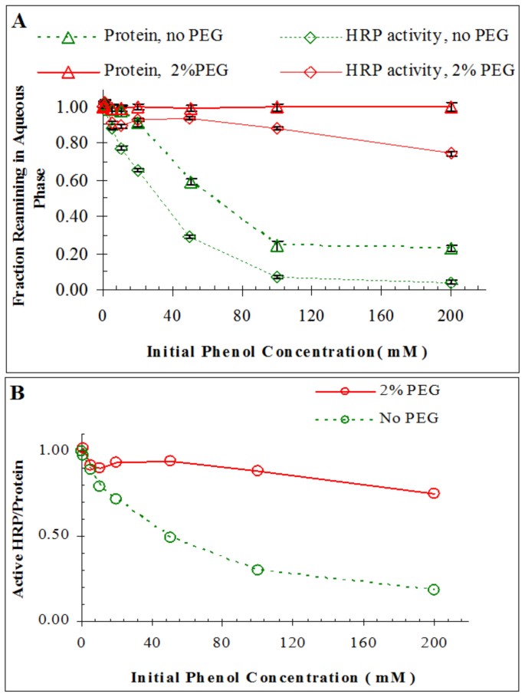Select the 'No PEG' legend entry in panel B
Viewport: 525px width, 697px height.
point(412,419)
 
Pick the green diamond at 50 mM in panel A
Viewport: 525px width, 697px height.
point(189,237)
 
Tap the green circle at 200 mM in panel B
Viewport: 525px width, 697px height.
point(434,590)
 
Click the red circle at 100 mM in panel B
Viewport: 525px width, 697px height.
point(258,471)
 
